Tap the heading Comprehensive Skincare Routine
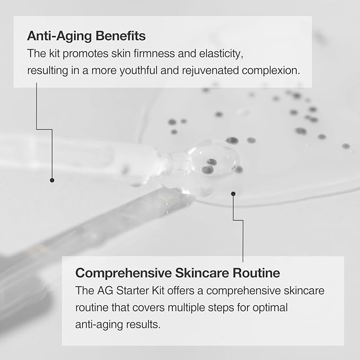pos(178,274)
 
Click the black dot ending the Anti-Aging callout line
pos(52,180)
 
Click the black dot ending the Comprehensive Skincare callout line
pos(233,194)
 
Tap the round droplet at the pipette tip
pos(211,162)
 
